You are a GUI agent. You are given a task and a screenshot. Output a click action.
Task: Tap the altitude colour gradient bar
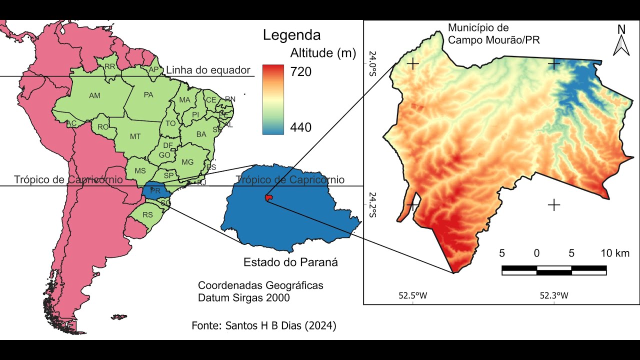273,99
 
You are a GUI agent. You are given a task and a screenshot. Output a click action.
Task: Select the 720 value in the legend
301,72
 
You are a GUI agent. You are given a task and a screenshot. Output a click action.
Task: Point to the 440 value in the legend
301,127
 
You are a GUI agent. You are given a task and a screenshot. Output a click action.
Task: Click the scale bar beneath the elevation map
553,270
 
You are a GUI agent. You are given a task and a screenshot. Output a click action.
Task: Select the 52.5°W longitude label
413,295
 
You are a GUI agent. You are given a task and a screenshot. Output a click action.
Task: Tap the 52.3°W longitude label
554,295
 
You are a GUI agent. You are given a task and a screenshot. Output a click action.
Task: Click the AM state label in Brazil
94,95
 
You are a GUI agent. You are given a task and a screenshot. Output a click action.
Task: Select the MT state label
135,136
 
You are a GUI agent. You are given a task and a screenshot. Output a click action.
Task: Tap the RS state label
147,215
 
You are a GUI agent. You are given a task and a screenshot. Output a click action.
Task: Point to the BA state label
201,134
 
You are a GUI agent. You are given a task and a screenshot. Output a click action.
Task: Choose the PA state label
148,94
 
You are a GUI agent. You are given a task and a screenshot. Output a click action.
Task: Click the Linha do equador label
207,70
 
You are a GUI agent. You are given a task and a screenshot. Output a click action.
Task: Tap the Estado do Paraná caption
290,262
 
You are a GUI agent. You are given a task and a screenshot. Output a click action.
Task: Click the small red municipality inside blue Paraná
269,199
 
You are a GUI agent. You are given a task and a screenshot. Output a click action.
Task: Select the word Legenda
291,35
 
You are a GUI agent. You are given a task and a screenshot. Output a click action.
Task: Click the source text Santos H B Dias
264,326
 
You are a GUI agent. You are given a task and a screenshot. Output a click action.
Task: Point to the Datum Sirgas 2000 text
244,297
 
